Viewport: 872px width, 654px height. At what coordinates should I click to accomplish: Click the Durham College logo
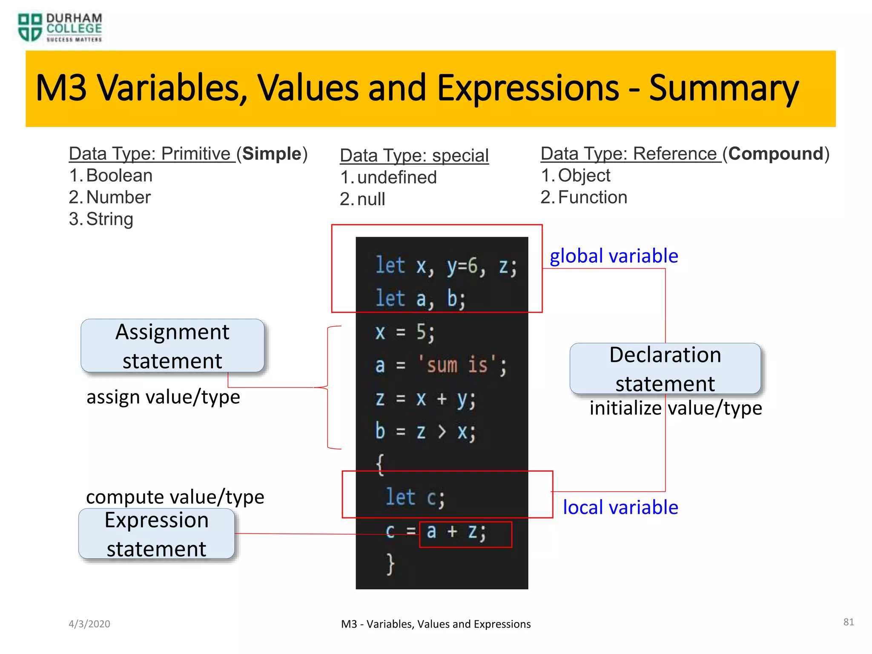click(x=60, y=28)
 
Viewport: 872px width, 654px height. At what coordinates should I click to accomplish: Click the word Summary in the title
click(x=723, y=89)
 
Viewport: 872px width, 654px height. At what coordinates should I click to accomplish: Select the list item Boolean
click(x=119, y=176)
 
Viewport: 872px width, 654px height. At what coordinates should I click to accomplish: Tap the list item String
click(x=109, y=219)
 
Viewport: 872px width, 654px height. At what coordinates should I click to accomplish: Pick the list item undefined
click(x=397, y=178)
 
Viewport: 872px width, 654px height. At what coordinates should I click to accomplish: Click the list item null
click(x=371, y=199)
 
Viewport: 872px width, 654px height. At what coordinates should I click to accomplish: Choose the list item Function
click(x=592, y=198)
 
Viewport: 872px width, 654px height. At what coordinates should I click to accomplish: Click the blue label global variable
click(x=614, y=256)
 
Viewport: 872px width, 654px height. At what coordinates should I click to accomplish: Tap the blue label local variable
click(x=620, y=508)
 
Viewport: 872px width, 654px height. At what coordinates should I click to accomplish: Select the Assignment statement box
click(x=172, y=346)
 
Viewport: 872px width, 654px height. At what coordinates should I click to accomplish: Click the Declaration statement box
click(x=665, y=369)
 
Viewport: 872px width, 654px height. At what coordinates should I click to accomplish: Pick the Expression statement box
click(x=157, y=534)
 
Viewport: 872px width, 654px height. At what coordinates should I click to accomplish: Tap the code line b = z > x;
click(x=425, y=432)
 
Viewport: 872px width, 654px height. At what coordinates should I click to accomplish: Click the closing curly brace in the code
click(x=390, y=564)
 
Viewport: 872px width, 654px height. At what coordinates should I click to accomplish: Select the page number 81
click(x=849, y=622)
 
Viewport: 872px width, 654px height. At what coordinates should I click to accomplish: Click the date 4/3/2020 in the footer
click(x=89, y=624)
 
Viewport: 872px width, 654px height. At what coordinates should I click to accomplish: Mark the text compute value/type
click(x=175, y=497)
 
